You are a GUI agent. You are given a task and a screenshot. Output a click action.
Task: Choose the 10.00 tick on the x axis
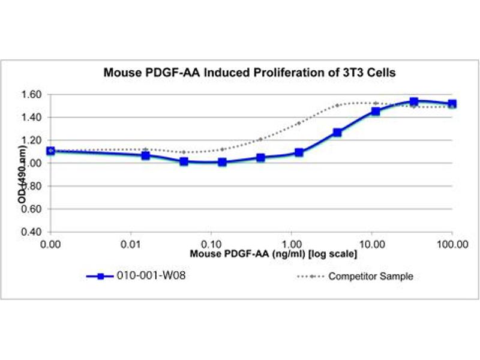point(372,244)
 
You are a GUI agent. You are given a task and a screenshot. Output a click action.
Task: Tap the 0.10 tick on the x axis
point(211,244)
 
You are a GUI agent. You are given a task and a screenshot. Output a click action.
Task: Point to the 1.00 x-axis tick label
point(291,244)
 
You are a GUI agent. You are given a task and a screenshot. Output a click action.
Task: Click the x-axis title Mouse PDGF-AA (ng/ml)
point(274,254)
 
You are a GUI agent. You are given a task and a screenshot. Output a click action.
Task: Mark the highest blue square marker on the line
point(414,101)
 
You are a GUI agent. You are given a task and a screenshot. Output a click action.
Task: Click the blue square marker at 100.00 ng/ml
point(452,103)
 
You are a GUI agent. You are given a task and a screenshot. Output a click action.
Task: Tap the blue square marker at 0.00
point(50,151)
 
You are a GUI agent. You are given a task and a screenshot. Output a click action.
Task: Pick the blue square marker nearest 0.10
point(223,162)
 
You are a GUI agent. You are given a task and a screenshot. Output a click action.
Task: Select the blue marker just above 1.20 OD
point(337,132)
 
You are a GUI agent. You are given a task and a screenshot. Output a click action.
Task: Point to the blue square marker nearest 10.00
point(376,111)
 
